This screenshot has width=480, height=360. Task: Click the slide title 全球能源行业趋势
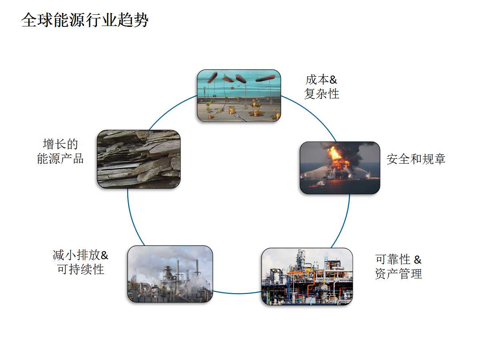[x=85, y=20]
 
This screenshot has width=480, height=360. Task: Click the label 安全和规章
[x=416, y=159]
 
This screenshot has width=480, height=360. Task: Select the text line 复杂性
[x=322, y=94]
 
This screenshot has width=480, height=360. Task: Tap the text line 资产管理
[x=398, y=274]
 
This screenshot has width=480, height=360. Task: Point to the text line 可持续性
[x=80, y=269]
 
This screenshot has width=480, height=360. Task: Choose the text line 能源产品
[x=60, y=158]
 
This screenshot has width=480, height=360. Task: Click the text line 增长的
[x=60, y=144]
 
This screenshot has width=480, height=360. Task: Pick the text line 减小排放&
[x=80, y=255]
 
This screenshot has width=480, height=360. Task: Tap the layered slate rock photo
[x=138, y=159]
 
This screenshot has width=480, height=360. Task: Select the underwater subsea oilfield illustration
[x=239, y=96]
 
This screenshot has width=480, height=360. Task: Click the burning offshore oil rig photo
[x=340, y=168]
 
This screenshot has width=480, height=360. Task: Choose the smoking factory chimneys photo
[x=170, y=274]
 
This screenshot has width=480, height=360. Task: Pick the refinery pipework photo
[x=307, y=276]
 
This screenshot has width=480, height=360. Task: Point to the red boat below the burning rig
[x=320, y=184]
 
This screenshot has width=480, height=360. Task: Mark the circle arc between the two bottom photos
[x=237, y=293]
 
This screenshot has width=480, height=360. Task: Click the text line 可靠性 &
[x=398, y=260]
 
